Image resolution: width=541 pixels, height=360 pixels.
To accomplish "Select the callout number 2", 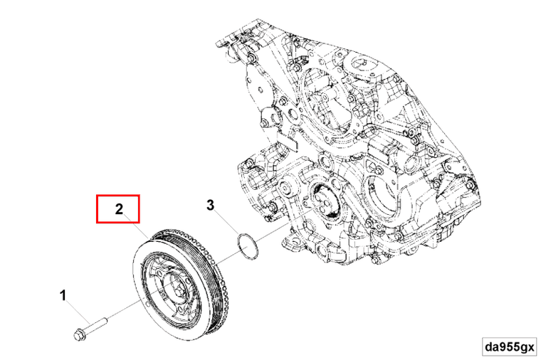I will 119,209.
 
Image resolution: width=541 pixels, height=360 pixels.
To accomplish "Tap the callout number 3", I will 211,206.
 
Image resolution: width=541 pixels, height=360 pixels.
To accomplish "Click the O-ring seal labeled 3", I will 246,246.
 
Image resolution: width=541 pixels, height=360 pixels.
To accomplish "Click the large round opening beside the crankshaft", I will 381,191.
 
